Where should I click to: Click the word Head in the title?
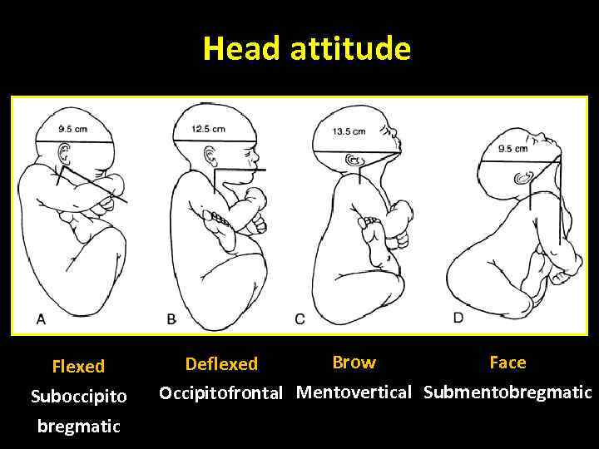(x=242, y=50)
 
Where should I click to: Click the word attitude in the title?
(x=350, y=50)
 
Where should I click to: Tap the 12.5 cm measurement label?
(x=208, y=129)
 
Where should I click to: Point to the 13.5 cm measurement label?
(x=349, y=131)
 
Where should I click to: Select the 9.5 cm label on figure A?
(x=73, y=129)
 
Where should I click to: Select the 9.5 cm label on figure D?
(x=512, y=149)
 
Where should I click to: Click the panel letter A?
(x=41, y=318)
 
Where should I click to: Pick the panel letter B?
(x=171, y=319)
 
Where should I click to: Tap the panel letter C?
(x=299, y=319)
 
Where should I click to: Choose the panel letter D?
(x=458, y=318)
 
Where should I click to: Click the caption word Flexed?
(x=78, y=367)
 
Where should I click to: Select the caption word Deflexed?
(x=221, y=364)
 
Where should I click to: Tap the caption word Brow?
(x=354, y=363)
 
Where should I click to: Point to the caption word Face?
(x=507, y=363)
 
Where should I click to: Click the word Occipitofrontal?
(x=221, y=392)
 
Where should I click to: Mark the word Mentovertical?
(x=354, y=392)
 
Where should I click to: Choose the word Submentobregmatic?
(x=507, y=392)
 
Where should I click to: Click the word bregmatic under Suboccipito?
(x=78, y=427)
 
